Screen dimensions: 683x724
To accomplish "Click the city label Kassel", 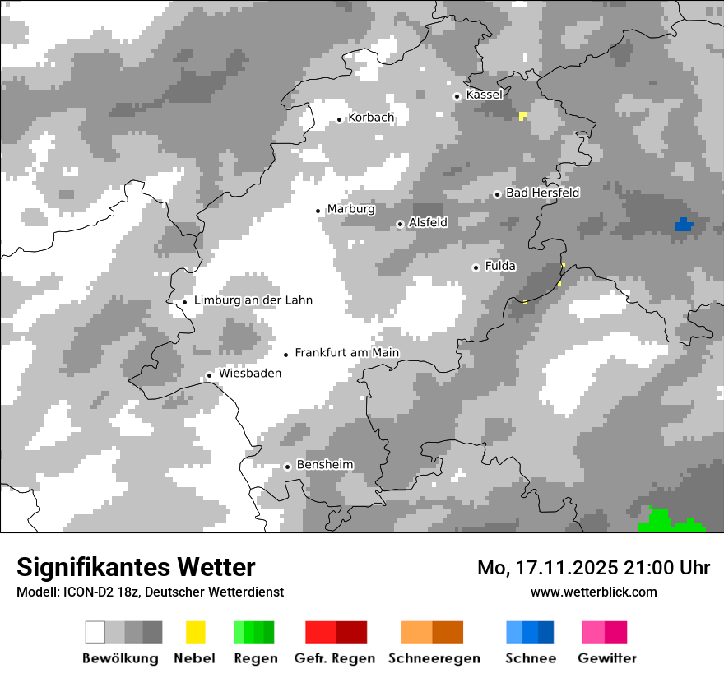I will coord(484,95).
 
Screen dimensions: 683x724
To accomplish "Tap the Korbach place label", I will coord(370,118).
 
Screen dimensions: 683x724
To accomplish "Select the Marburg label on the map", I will coord(350,209).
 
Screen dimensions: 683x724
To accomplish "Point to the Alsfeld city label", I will coord(428,222).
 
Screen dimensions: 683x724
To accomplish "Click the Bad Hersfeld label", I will coord(542,193).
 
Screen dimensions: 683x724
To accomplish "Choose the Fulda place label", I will coord(500,266).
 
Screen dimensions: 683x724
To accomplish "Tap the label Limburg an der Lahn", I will coord(253,300).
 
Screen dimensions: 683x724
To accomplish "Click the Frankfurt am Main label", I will coord(346,353).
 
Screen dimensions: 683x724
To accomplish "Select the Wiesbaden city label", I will coord(249,374).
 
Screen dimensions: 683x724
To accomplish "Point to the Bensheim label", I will coord(324,465).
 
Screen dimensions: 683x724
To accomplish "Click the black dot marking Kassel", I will coord(457,96).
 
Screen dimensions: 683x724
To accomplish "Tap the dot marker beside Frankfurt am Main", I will coord(286,355).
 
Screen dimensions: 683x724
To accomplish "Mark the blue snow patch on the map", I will coord(684,224).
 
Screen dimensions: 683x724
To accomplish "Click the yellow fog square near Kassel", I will coord(523,115).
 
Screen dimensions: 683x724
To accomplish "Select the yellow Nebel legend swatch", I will coord(195,632).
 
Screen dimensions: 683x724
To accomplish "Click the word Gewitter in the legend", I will coord(606,658).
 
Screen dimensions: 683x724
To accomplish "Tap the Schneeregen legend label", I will coord(434,658).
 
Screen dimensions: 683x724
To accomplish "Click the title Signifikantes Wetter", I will coord(136,567).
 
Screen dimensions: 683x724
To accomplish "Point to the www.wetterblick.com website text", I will coord(593,592).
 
